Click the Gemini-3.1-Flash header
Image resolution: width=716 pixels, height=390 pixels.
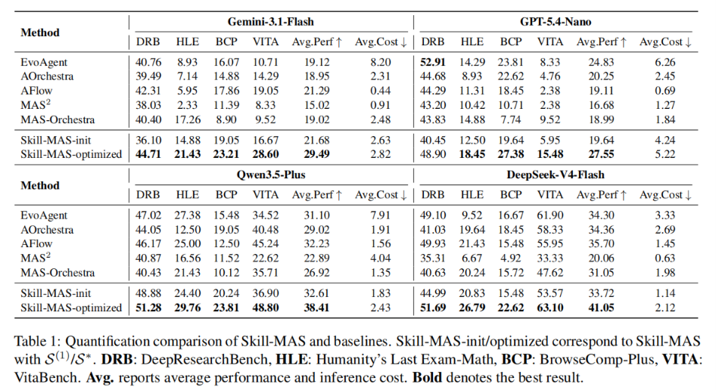click(x=271, y=21)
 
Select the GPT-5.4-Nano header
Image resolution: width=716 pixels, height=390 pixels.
click(x=556, y=21)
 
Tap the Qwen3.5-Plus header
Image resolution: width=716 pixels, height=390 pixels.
click(x=271, y=175)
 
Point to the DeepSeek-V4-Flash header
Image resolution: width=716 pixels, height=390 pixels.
click(x=556, y=175)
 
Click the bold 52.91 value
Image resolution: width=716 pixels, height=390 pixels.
click(x=433, y=62)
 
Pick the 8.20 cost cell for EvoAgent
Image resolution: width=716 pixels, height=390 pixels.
click(x=381, y=62)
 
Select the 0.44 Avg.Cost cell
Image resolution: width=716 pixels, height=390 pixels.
click(x=381, y=91)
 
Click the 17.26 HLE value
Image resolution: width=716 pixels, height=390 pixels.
click(x=187, y=119)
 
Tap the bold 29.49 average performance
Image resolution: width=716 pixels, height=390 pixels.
click(x=316, y=154)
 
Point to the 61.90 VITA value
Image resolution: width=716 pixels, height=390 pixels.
click(x=549, y=215)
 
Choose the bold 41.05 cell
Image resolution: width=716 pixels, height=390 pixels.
click(x=601, y=308)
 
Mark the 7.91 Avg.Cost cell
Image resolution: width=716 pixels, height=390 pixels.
click(x=381, y=215)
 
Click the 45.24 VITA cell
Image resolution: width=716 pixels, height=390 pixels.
click(x=266, y=243)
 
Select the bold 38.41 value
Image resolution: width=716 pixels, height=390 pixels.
click(x=316, y=308)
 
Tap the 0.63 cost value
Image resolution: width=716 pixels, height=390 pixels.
click(x=665, y=258)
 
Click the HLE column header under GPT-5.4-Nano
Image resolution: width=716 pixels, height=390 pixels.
click(x=472, y=42)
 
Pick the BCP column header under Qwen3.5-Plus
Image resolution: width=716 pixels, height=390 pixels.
click(x=226, y=195)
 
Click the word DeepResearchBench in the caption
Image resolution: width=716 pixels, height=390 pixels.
click(x=204, y=360)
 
